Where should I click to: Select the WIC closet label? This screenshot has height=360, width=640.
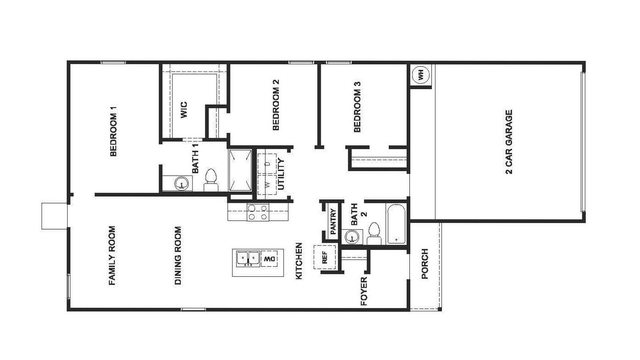[x=184, y=110]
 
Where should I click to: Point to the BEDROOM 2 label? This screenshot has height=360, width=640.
[x=276, y=105]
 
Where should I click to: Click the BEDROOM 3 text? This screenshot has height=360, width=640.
[x=357, y=107]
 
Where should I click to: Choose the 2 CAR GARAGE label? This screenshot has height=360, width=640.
[x=509, y=142]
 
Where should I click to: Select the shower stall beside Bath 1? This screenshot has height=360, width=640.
[x=240, y=170]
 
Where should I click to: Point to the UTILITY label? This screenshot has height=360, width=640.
[x=281, y=174]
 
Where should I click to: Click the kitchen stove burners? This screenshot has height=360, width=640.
[x=258, y=212]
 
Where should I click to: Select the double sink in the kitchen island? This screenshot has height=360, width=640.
[x=247, y=259]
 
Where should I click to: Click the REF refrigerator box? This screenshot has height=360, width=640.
[x=324, y=257]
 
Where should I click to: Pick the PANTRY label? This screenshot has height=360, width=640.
[x=333, y=222]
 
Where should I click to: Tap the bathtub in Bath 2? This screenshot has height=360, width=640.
[x=396, y=224]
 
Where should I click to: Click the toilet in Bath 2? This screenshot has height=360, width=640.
[x=374, y=234]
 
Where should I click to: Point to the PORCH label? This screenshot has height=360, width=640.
[x=425, y=264]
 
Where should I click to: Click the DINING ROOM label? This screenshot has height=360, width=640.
[x=178, y=256]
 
